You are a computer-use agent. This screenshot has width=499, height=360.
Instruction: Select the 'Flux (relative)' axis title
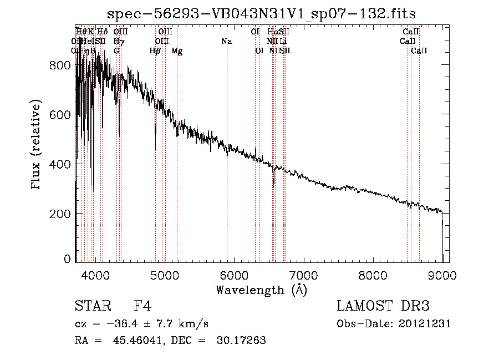click(x=37, y=145)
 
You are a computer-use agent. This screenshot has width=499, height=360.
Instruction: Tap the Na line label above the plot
click(x=226, y=41)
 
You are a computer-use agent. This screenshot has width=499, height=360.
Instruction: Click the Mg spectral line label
click(x=177, y=51)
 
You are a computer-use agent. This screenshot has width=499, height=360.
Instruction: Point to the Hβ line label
click(x=155, y=51)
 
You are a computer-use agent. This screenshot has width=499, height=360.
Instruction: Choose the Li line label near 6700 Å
click(x=283, y=41)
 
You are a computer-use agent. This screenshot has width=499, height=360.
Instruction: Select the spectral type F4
click(x=142, y=306)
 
